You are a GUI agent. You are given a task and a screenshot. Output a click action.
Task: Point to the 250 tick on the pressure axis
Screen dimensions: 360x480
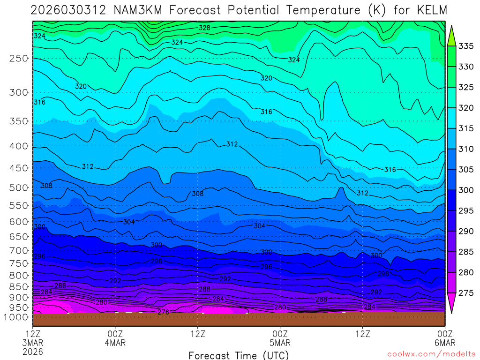click(x=19, y=59)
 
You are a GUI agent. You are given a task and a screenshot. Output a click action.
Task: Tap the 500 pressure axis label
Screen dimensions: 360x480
click(x=19, y=188)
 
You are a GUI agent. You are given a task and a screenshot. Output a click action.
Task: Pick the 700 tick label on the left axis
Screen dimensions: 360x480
click(x=19, y=250)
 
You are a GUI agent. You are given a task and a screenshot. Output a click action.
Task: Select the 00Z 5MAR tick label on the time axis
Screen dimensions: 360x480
click(x=280, y=338)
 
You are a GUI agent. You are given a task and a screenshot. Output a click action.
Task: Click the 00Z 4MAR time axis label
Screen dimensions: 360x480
click(x=115, y=338)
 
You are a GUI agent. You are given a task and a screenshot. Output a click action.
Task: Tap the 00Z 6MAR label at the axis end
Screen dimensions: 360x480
click(x=444, y=338)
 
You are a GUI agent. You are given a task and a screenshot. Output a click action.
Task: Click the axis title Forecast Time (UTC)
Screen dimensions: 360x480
click(x=239, y=355)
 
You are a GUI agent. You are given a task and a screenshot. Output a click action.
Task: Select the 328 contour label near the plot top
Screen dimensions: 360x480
click(x=204, y=28)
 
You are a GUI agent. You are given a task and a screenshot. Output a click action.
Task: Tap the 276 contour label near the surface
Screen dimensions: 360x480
click(x=163, y=312)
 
